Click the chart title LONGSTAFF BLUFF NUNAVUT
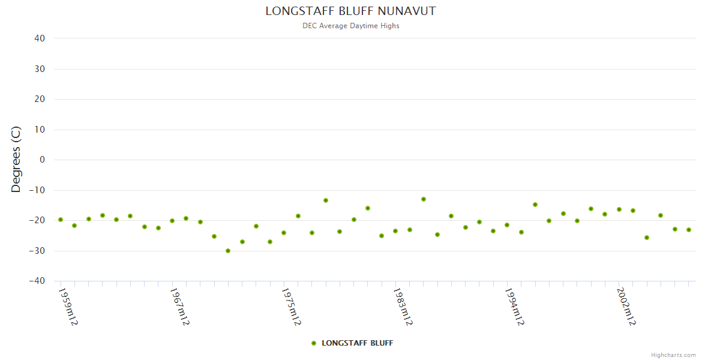pos(350,11)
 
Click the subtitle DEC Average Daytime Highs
pos(350,26)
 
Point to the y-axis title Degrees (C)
pos(16,160)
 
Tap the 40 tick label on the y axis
pos(40,38)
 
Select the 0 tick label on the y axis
pos(42,160)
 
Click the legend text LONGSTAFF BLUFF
pos(357,343)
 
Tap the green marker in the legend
pos(313,343)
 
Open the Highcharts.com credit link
pos(673,355)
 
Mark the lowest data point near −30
pos(228,251)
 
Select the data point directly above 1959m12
pos(61,220)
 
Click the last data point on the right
pos(689,230)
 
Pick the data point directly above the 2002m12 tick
pos(619,209)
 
